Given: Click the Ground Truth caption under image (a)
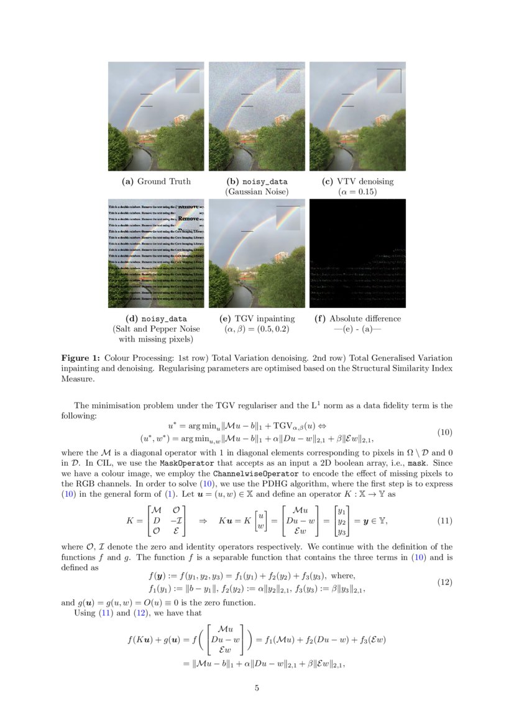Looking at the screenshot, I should point(156,181).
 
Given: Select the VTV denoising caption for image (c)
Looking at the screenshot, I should point(357,181).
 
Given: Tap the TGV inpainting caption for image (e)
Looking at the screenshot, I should point(257,319).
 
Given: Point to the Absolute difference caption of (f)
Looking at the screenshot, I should point(357,319).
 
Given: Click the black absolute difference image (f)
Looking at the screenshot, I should point(357,253).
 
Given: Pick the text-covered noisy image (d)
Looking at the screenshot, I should point(156,253).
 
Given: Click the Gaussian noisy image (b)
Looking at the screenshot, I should point(257,116).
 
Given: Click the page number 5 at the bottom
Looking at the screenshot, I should point(257,688).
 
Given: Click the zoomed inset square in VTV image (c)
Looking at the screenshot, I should point(389,80).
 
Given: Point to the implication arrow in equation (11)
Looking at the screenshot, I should point(202,520).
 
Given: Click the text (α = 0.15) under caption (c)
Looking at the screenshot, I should point(357,192).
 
